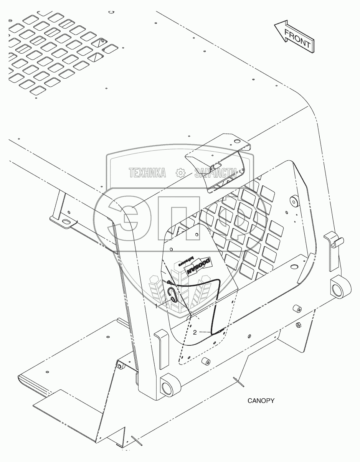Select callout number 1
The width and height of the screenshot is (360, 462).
point(156,306)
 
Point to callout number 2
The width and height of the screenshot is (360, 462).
point(195,332)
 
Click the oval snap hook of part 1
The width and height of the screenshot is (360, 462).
point(174,296)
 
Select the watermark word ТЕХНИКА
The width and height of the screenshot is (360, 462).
point(148,173)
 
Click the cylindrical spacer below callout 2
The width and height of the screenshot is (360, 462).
point(205,361)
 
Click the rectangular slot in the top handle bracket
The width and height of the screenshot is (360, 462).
point(217,164)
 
